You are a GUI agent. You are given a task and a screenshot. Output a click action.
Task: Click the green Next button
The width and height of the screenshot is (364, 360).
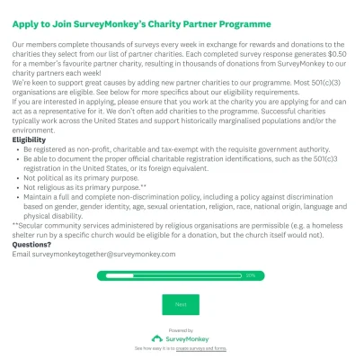(x=181, y=304)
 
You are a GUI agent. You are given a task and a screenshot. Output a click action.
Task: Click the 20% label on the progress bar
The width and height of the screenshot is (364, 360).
(x=250, y=275)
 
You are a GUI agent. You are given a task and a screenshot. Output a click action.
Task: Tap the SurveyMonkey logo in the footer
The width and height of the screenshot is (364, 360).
(x=181, y=338)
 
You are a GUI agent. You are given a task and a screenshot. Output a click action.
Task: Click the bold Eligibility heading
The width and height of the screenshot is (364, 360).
(x=30, y=140)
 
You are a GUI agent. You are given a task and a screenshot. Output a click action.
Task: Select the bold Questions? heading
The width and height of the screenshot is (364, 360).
(x=31, y=244)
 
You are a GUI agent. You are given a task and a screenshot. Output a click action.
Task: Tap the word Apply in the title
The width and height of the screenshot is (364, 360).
(x=27, y=22)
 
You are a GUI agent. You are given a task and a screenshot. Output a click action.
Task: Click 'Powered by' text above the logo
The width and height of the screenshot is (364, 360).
(x=181, y=330)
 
